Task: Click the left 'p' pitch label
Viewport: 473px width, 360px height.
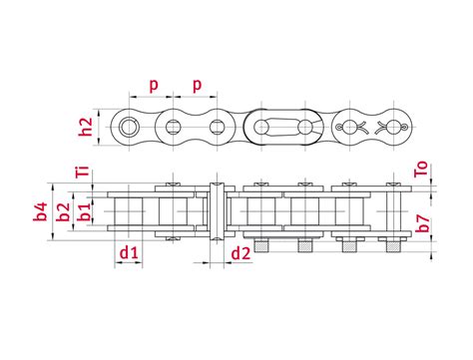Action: click(x=152, y=86)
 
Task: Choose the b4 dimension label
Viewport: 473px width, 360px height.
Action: click(x=40, y=211)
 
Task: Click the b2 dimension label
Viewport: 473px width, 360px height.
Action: click(x=63, y=211)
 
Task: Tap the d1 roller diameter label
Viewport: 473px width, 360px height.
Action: click(x=127, y=255)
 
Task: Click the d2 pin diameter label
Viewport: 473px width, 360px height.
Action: click(x=240, y=255)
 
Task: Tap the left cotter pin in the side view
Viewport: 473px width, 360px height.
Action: click(x=348, y=127)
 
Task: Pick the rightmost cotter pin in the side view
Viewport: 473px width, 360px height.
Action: click(x=391, y=127)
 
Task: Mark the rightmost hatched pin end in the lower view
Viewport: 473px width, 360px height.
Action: click(x=392, y=245)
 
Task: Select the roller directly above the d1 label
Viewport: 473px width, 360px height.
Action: click(x=129, y=211)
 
